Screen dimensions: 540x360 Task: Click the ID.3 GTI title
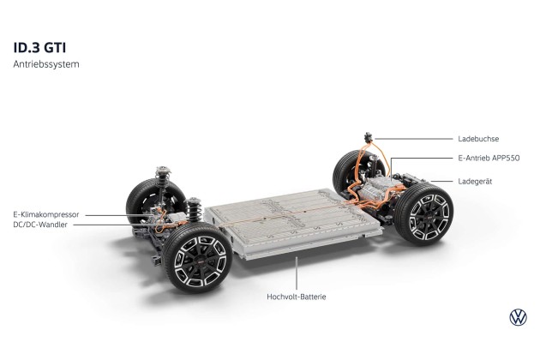[39, 48]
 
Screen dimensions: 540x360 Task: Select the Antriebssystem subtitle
[46, 64]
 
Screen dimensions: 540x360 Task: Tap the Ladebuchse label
[478, 139]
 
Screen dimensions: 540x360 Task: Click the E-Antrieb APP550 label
[489, 158]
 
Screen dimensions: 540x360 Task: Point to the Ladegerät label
[475, 181]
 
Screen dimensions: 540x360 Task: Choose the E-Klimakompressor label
[46, 214]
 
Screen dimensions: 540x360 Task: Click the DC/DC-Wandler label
[40, 225]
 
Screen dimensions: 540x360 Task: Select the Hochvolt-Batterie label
[297, 297]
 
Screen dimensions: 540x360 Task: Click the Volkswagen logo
[518, 317]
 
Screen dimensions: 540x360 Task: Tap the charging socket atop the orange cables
[369, 137]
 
